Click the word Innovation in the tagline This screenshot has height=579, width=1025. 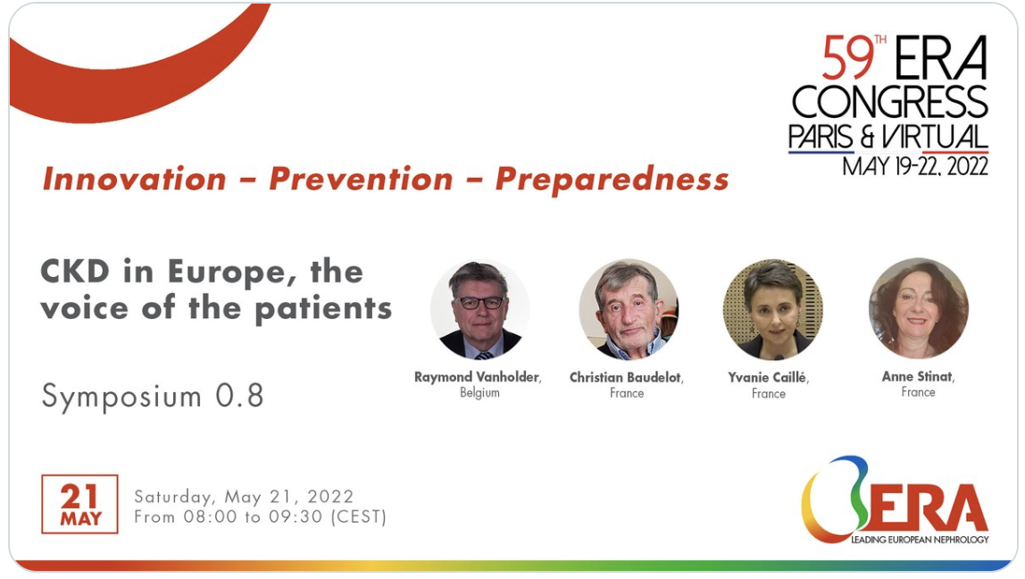[134, 179]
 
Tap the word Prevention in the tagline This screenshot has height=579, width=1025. [361, 179]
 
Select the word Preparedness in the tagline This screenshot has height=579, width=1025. [612, 180]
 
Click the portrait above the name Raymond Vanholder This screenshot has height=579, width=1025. [479, 309]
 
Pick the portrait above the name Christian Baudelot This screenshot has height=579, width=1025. [629, 309]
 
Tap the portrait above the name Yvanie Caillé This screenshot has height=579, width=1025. [772, 309]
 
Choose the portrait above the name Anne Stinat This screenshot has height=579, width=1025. [919, 308]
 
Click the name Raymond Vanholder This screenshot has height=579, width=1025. [477, 377]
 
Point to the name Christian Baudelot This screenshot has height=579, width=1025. [625, 377]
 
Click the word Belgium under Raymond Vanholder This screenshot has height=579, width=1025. [479, 392]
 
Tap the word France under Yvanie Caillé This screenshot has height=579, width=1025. [769, 393]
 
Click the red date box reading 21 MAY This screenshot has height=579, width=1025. [79, 504]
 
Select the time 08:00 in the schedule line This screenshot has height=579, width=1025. [210, 516]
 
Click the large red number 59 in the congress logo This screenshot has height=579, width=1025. [847, 58]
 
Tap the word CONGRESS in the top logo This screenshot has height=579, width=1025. [889, 102]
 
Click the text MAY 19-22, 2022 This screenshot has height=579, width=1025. [915, 166]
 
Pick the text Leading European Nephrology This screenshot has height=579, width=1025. [920, 540]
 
